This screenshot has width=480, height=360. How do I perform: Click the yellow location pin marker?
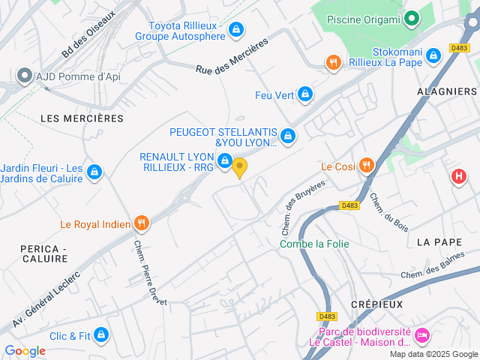click(240, 167)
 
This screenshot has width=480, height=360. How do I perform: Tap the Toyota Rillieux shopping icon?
click(236, 29)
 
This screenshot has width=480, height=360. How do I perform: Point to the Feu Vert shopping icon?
click(304, 94)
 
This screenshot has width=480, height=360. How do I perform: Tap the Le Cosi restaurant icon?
click(366, 165)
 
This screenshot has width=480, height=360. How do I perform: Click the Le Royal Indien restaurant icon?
click(141, 223)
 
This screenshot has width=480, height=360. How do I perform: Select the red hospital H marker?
click(458, 177)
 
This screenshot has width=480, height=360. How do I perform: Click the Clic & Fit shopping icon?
click(101, 335)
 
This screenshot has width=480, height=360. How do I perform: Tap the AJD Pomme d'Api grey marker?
click(25, 76)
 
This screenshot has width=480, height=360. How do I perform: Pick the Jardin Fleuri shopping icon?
click(94, 172)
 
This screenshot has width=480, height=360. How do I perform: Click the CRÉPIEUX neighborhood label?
click(376, 304)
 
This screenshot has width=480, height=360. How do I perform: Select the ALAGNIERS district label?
click(447, 91)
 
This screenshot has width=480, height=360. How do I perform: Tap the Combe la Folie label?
click(314, 244)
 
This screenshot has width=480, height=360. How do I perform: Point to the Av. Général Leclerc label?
click(46, 297)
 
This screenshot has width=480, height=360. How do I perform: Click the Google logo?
click(25, 350)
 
